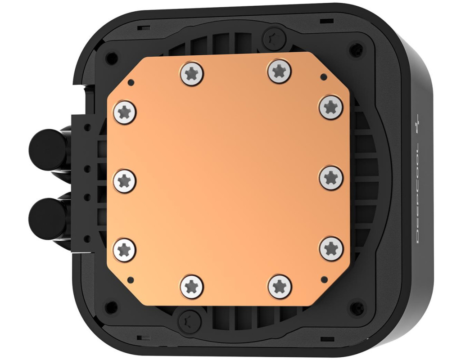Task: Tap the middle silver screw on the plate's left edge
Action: pyautogui.click(x=125, y=180)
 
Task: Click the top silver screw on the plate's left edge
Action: pyautogui.click(x=125, y=112)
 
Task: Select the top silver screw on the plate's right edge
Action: pyautogui.click(x=331, y=107)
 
